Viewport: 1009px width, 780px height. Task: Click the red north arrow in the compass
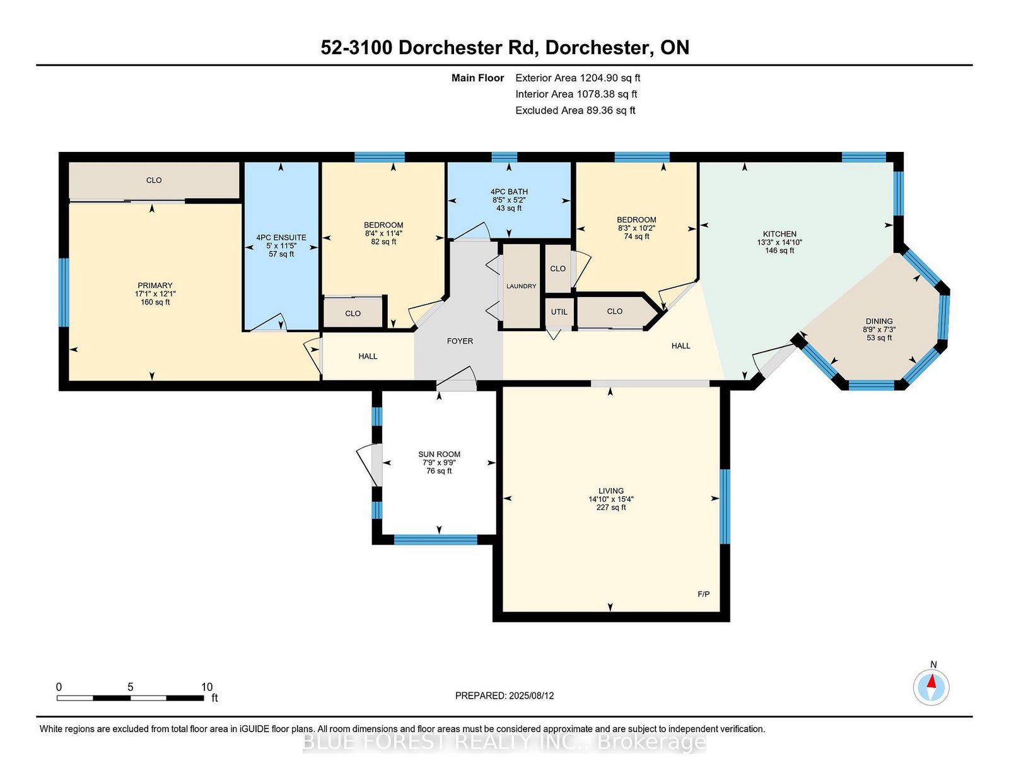point(931,682)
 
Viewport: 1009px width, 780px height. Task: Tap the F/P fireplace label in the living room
point(704,594)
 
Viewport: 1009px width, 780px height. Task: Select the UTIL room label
point(559,312)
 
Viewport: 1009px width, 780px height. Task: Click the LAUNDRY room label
point(521,286)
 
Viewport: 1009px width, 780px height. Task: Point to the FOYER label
point(460,341)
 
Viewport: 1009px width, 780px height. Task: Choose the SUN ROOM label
point(440,454)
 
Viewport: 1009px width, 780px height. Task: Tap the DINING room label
point(879,321)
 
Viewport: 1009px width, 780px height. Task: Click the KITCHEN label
point(779,234)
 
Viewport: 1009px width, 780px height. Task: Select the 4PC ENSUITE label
point(281,238)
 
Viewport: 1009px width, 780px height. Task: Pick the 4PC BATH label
point(509,192)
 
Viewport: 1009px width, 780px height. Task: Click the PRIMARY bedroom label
point(155,285)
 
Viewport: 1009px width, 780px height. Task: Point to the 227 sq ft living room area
point(611,508)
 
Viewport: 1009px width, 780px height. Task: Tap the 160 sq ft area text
point(155,302)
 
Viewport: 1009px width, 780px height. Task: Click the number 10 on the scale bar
point(207,687)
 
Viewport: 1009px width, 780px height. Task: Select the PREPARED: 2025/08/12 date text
point(504,696)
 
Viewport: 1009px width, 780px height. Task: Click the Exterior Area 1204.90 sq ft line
point(578,78)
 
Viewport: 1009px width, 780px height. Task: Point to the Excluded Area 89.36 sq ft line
point(575,110)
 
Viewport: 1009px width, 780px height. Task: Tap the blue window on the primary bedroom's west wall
point(64,293)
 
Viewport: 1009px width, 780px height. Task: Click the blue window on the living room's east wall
point(725,506)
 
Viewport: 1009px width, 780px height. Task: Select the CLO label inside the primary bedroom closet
point(154,180)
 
